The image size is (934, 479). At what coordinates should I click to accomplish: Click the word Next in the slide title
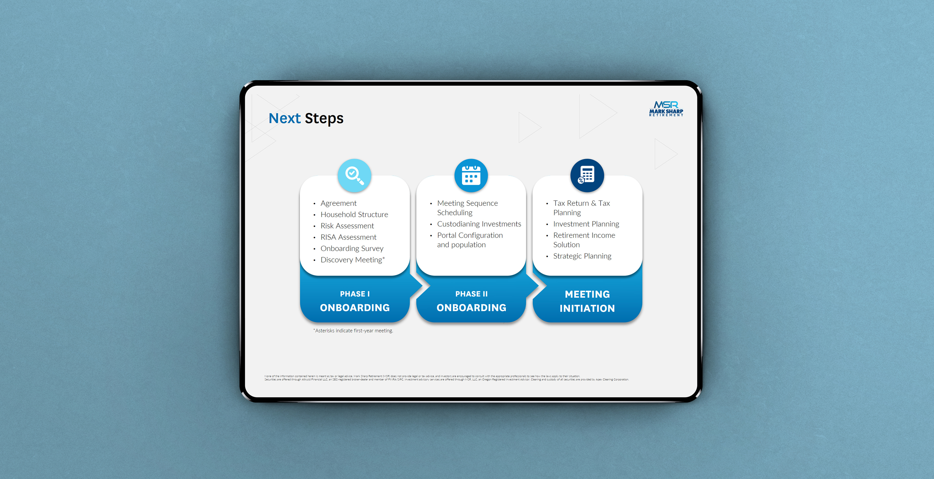coord(284,118)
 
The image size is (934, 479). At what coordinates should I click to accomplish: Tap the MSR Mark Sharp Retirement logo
coord(666,108)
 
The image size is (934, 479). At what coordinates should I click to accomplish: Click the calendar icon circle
coord(471,175)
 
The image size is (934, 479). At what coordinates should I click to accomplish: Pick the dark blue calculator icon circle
coord(587,175)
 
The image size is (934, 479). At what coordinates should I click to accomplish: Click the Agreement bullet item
coord(338,203)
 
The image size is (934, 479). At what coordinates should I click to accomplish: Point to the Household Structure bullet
coord(354,214)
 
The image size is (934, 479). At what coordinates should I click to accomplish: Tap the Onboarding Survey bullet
coord(352,248)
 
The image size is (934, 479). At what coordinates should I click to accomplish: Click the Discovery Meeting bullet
coord(351,260)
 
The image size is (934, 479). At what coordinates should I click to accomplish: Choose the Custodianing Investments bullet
coord(479,224)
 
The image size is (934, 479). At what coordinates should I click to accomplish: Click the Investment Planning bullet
coord(586,224)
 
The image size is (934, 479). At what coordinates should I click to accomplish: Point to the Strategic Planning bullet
coord(582,256)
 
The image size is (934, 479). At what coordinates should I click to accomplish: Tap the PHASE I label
coord(355,294)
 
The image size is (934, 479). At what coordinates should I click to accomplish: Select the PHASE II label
coord(471,294)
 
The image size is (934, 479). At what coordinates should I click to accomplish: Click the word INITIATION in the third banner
coord(587,308)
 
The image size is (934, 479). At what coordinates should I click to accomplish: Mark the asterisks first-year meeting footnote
coord(353,331)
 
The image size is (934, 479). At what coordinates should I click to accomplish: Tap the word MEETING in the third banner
coord(587,294)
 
